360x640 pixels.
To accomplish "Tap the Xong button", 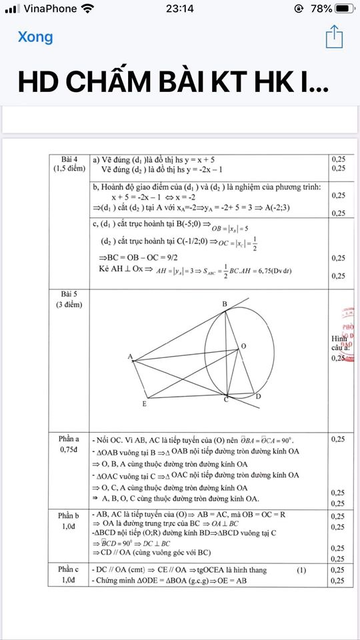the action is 35,37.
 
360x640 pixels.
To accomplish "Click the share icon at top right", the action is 334,37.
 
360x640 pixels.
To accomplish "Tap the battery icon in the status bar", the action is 345,9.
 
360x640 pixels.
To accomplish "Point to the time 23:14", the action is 179,9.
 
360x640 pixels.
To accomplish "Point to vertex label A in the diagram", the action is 129,357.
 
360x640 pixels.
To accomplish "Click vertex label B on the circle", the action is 225,304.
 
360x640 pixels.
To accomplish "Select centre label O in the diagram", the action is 243,346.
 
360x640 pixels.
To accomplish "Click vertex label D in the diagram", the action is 258,397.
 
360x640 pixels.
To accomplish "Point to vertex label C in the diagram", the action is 226,399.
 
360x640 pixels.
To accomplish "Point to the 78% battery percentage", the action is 321,9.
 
